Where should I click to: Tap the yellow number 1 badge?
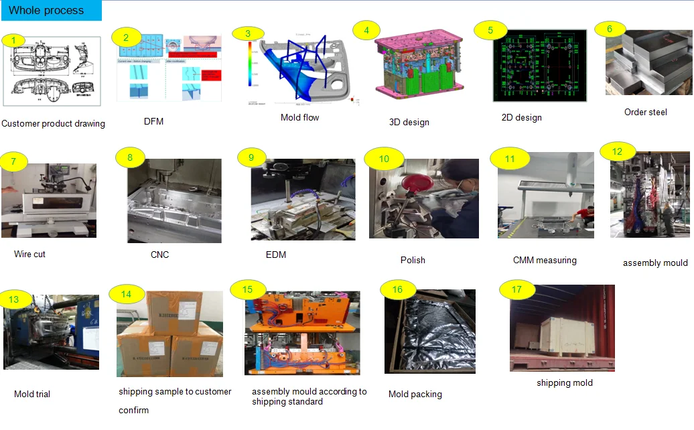pyautogui.click(x=14, y=40)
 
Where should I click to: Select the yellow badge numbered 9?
pyautogui.click(x=251, y=158)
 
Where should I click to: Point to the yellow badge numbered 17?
pyautogui.click(x=516, y=290)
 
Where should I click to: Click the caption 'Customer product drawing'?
pyautogui.click(x=53, y=124)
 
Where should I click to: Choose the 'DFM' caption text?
pyautogui.click(x=153, y=122)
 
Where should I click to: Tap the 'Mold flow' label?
pyautogui.click(x=299, y=118)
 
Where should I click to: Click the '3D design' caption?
pyautogui.click(x=409, y=123)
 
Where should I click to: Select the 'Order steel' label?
pyautogui.click(x=645, y=113)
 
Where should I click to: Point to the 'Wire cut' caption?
pyautogui.click(x=29, y=255)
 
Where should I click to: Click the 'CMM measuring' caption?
pyautogui.click(x=544, y=261)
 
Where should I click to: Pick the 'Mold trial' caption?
pyautogui.click(x=32, y=395)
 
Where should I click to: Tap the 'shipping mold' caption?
pyautogui.click(x=564, y=383)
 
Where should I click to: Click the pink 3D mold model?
pyautogui.click(x=409, y=68)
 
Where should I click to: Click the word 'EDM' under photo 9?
pyautogui.click(x=275, y=255)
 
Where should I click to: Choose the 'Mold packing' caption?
pyautogui.click(x=415, y=395)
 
